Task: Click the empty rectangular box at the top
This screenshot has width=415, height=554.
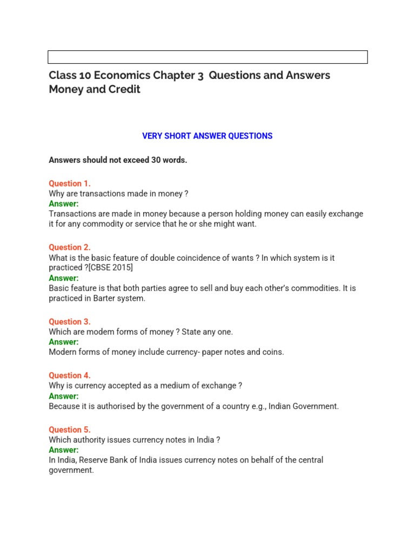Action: point(207,57)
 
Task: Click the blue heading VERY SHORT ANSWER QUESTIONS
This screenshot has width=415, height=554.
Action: point(207,136)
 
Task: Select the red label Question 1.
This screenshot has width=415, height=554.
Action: point(70,183)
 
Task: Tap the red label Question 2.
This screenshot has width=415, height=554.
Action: point(70,247)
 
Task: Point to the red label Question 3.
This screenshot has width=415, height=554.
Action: point(70,322)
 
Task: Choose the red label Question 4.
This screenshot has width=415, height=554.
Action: point(70,375)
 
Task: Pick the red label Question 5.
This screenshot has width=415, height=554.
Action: point(70,430)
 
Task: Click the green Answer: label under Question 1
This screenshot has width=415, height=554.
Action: point(64,204)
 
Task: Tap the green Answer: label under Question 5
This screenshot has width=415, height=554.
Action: point(64,450)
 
